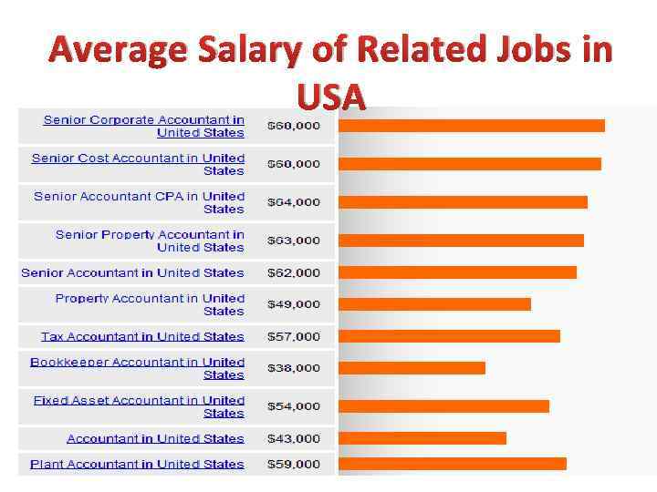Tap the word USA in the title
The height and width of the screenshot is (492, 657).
click(330, 96)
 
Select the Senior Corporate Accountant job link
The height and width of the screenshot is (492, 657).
click(144, 126)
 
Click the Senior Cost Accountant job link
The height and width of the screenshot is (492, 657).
click(138, 164)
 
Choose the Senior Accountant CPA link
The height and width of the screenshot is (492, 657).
click(140, 202)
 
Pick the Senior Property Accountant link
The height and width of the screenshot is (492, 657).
click(150, 241)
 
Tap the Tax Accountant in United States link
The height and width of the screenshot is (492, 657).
click(142, 336)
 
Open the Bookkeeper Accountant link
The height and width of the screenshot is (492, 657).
click(137, 368)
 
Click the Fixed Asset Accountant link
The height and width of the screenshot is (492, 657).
click(139, 406)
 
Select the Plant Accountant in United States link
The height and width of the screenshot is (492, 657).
click(137, 464)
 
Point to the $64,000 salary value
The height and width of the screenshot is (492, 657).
click(293, 202)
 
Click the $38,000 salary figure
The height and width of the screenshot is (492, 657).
click(293, 368)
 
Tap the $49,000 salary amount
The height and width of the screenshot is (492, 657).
click(293, 304)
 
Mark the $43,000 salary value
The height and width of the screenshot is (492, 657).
click(293, 438)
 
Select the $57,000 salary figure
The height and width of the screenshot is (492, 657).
click(293, 336)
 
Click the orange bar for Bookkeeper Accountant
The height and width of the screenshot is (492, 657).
click(412, 368)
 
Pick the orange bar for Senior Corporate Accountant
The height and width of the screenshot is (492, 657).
click(471, 126)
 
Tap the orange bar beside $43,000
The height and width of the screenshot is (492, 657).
click(422, 438)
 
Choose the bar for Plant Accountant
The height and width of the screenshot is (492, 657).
click(452, 464)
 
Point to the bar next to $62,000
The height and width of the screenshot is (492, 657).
click(457, 272)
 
